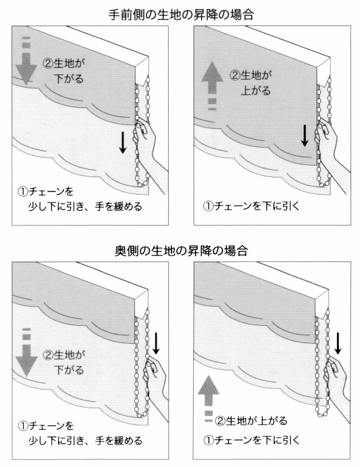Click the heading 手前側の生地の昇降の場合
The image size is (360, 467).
click(181, 15)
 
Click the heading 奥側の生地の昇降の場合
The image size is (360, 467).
click(181, 251)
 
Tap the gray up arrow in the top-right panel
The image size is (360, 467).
click(212, 86)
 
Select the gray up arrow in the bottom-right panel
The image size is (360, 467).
click(209, 399)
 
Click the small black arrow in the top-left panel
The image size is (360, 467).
click(123, 143)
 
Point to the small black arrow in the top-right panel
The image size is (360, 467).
click(304, 136)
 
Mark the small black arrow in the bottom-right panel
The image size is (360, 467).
click(338, 344)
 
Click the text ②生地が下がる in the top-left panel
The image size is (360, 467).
click(63, 71)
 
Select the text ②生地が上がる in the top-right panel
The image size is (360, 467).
click(250, 83)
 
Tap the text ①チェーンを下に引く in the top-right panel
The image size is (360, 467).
click(251, 206)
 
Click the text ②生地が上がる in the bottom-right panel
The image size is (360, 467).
click(251, 420)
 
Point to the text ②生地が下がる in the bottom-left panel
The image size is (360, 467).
click(63, 362)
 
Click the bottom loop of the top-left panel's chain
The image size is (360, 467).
click(143, 183)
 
